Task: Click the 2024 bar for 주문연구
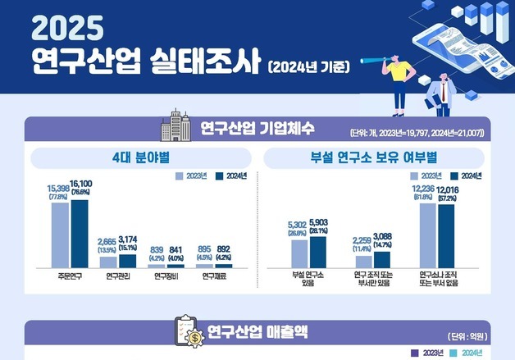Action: [x=79, y=233]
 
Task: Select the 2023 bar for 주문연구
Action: [x=59, y=235]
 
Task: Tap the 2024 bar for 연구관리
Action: [x=127, y=261]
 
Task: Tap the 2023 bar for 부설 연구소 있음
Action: [x=299, y=253]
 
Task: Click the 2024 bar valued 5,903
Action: [x=317, y=252]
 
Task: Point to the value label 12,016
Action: [x=448, y=190]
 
